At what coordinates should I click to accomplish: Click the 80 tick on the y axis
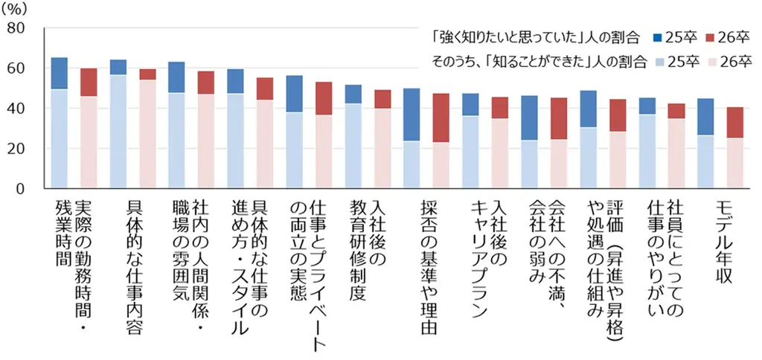point(14,28)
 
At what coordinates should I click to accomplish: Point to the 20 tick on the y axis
point(14,149)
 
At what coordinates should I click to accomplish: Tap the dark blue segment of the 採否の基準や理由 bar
point(412,115)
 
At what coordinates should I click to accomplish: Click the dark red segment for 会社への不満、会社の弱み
point(559,118)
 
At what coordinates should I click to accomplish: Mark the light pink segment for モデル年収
point(734,163)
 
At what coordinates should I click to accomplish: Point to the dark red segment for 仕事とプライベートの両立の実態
point(324,98)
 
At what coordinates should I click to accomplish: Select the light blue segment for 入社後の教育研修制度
point(353,146)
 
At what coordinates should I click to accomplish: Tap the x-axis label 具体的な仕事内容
point(132,268)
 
